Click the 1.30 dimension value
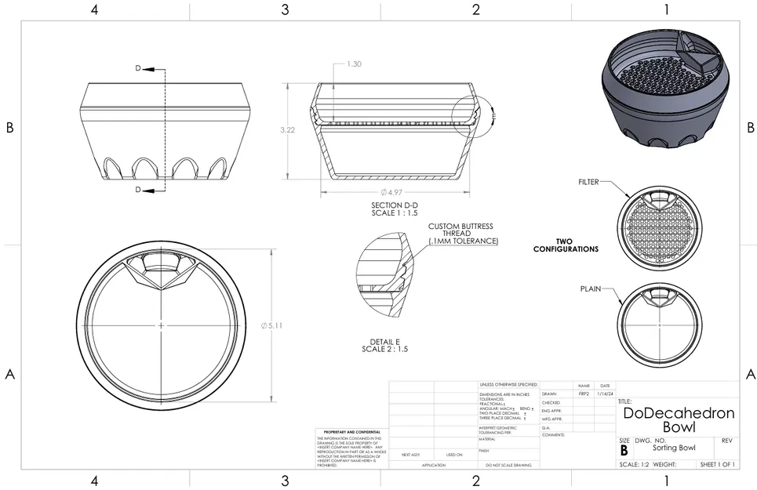coord(354,64)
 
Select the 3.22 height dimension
coord(287,130)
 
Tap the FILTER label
coord(588,182)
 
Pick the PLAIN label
coord(590,289)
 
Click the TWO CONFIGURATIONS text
coord(566,245)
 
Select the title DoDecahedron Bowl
coord(678,419)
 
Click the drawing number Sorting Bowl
coord(673,448)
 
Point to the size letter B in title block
coord(624,451)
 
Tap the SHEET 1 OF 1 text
coord(717,465)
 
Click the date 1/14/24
coord(605,394)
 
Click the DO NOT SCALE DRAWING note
coord(508,465)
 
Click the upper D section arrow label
coord(138,69)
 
